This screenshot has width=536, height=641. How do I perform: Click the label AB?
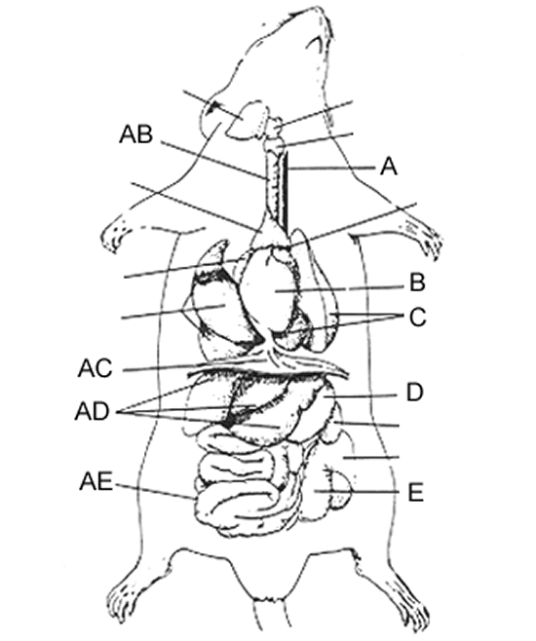point(136,134)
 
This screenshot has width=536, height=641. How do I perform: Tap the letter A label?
point(389,167)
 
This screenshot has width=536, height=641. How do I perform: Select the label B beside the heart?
point(417,283)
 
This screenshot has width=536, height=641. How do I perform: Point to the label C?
point(418,318)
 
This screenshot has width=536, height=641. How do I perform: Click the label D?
point(414,393)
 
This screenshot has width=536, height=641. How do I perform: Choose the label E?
point(415,493)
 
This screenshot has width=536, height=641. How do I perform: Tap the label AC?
point(95,369)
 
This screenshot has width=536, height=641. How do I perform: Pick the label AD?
point(93,412)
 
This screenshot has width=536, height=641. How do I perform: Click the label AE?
point(96,482)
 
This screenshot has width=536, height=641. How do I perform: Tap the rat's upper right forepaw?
point(425,239)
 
